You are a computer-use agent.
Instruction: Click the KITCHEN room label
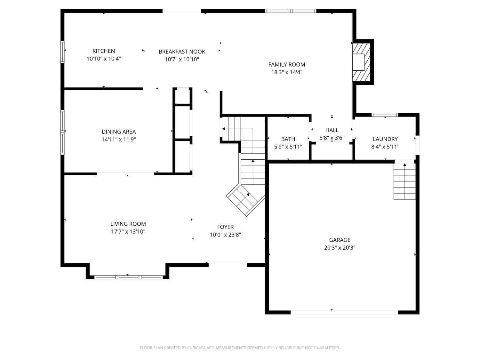(103, 51)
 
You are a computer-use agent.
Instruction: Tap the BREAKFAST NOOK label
(182, 52)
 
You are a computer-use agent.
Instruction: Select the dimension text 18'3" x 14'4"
(286, 72)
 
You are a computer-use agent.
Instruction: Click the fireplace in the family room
(362, 62)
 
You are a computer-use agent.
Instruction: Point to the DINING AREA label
(119, 132)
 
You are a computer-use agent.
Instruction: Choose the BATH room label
(288, 139)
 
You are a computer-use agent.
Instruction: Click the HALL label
(332, 130)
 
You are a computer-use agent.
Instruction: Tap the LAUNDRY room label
(385, 139)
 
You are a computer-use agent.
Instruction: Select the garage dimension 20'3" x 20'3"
(340, 248)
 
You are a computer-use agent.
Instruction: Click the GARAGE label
(340, 240)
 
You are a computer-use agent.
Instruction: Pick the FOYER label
(225, 227)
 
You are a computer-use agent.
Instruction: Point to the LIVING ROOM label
(128, 224)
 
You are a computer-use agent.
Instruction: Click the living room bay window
(129, 277)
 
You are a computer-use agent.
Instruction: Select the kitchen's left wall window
(62, 52)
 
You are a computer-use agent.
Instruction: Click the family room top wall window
(291, 11)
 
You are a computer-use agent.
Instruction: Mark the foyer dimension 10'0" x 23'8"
(225, 235)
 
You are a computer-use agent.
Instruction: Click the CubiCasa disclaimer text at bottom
(240, 348)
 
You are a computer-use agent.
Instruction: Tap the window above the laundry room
(384, 115)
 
